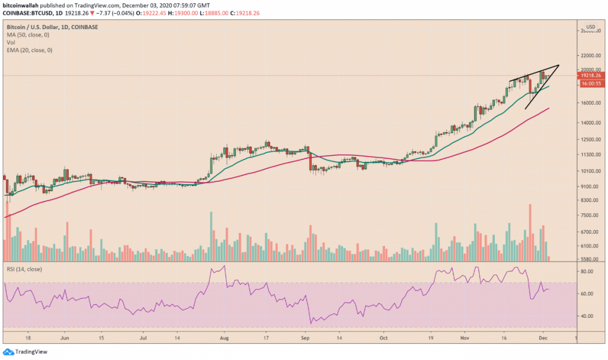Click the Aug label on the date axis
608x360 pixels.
coord(224,339)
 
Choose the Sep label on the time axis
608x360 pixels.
coord(306,339)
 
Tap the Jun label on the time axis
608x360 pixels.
coord(65,339)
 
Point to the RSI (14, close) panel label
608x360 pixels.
coord(25,269)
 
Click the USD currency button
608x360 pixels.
coord(591,27)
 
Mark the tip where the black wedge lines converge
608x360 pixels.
coord(559,65)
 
